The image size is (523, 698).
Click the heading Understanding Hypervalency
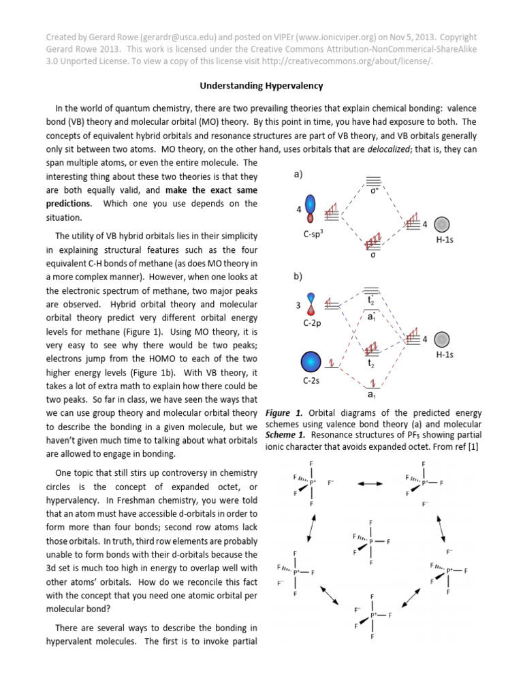tap(261, 86)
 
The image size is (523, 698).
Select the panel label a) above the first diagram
tap(298, 174)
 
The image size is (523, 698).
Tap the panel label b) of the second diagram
tap(298, 277)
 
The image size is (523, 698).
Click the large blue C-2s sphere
tap(311, 361)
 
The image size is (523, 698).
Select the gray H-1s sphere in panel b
tap(443, 339)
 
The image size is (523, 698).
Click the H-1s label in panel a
tap(444, 240)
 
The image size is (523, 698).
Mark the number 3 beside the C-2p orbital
tap(298, 305)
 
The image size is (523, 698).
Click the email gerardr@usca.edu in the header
tap(152, 37)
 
